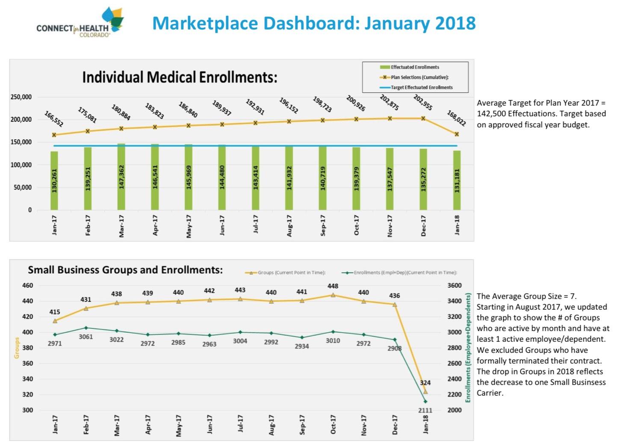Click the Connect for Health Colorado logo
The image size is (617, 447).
[80, 24]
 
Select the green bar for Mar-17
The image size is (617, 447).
[121, 177]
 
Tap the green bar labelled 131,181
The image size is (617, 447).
[457, 180]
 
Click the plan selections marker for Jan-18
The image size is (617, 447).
[457, 134]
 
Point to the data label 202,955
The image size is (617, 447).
[422, 103]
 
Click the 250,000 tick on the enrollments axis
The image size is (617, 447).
[21, 97]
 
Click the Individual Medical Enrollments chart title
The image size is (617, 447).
[180, 77]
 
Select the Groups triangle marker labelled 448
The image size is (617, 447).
[333, 295]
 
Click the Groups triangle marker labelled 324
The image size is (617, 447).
[425, 391]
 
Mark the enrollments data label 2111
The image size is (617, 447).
[425, 410]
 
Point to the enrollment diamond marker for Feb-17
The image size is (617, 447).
[86, 328]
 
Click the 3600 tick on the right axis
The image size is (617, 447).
[454, 285]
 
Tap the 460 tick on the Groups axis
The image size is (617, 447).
[27, 285]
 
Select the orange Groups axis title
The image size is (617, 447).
[17, 348]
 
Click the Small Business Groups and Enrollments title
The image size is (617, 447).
[125, 270]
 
